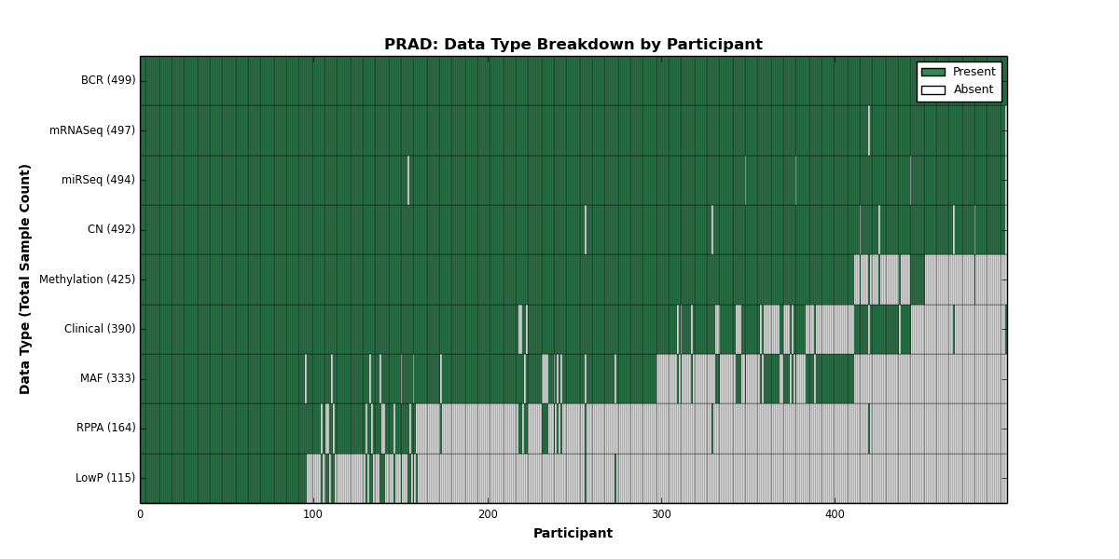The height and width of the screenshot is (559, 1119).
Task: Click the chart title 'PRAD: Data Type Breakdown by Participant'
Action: point(573,45)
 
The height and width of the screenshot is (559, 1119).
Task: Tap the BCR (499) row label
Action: point(108,80)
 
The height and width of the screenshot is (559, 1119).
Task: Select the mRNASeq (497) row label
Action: point(92,130)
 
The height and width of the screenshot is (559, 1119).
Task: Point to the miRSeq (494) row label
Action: point(98,180)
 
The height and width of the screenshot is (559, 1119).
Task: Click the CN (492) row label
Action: point(111,229)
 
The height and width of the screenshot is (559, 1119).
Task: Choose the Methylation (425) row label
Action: point(87,279)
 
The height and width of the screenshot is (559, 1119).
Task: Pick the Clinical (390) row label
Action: point(100,328)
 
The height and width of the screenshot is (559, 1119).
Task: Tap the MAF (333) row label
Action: point(107,378)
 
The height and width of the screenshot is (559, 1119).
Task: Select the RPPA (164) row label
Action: point(105,428)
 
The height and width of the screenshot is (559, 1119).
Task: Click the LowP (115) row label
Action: point(104,478)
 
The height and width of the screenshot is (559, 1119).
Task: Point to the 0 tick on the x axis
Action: point(141,514)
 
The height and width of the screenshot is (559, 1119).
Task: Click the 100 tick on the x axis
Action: point(313,514)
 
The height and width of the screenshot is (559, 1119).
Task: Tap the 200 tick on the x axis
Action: point(488,514)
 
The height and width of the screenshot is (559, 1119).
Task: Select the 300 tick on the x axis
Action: point(661,514)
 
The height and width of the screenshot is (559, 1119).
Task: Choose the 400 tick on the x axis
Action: point(835,514)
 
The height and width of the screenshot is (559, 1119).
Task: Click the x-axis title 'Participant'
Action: point(573,533)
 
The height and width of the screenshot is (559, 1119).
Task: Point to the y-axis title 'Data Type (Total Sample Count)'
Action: point(24,279)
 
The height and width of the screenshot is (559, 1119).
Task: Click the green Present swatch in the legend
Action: point(933,73)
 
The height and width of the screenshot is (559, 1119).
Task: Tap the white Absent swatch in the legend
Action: point(933,90)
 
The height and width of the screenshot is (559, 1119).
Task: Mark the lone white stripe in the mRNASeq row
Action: point(869,130)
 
